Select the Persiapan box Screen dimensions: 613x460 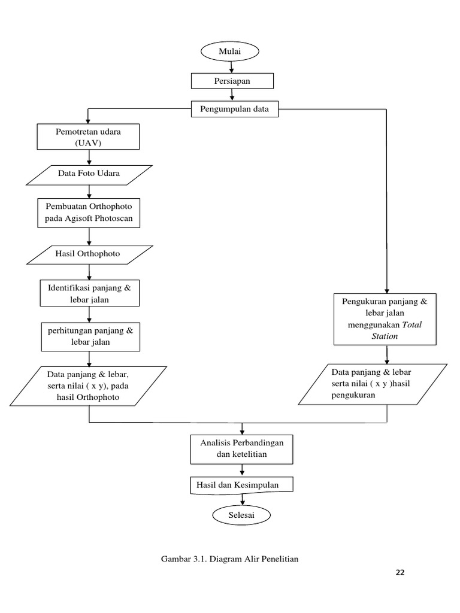tap(232, 81)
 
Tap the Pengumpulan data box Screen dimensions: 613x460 tap(234, 110)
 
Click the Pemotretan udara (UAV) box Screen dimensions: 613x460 tap(89, 136)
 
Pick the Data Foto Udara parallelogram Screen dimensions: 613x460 tap(89, 174)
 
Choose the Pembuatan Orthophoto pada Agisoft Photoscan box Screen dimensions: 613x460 tap(89, 213)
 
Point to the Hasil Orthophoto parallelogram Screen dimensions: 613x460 tap(89, 254)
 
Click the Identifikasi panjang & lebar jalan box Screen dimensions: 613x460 tap(89, 293)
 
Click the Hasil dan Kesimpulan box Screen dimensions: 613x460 tap(241, 485)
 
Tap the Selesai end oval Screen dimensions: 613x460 tap(241, 515)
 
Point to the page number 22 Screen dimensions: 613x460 tap(400, 572)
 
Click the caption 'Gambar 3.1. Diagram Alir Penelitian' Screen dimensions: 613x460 tap(230, 559)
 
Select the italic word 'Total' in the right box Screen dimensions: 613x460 tap(411, 325)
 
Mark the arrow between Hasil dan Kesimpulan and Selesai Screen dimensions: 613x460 tap(241, 500)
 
